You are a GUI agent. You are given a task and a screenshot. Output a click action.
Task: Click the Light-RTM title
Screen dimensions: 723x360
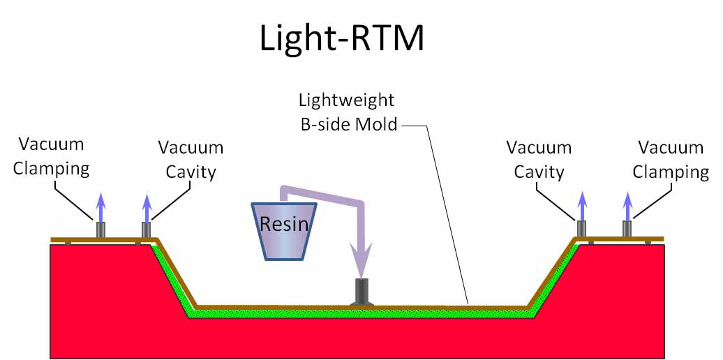[x=342, y=38]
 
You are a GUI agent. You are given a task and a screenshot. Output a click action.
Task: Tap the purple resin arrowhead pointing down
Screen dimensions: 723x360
[x=359, y=261]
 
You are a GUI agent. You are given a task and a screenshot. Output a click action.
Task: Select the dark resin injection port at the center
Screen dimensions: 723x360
[x=361, y=292]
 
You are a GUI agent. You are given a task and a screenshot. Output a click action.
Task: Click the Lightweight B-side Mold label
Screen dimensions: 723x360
[x=349, y=112]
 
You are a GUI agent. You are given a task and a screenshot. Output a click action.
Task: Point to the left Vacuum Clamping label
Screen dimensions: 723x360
[x=51, y=157]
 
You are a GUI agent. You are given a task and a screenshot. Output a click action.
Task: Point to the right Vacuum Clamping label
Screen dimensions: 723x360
[x=671, y=160]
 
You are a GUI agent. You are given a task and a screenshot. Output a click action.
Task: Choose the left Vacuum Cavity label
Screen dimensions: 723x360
[x=191, y=160]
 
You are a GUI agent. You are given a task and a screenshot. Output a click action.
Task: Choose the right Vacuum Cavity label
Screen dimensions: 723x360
[x=539, y=160]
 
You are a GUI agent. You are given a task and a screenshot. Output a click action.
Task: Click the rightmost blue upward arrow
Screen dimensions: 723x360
[x=627, y=207]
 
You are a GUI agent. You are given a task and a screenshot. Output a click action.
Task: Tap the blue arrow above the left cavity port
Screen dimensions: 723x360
[x=146, y=208]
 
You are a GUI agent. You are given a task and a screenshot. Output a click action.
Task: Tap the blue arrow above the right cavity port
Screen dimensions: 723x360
[x=582, y=207]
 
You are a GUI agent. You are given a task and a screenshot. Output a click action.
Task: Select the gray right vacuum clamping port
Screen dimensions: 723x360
[x=627, y=229]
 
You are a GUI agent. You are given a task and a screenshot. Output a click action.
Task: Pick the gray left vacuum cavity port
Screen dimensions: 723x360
[x=146, y=230]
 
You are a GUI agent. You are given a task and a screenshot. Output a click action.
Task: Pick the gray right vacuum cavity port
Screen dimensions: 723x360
[x=582, y=229]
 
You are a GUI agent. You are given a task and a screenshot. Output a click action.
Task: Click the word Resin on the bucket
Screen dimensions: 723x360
[x=283, y=224]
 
